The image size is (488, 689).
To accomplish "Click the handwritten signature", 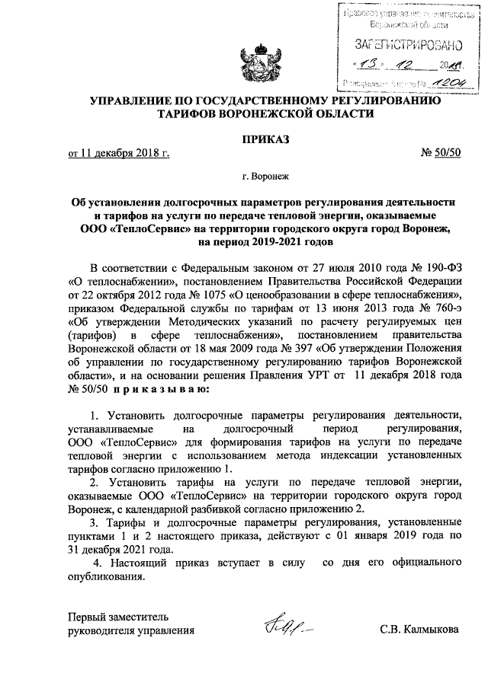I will [x=285, y=627].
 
